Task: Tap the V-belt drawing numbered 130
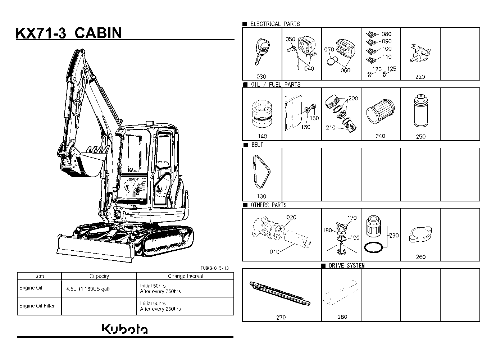click(261, 172)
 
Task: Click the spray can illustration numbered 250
click(421, 111)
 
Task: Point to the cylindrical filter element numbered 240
click(380, 111)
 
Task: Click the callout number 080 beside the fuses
click(386, 34)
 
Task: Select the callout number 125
click(391, 69)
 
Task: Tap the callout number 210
click(331, 128)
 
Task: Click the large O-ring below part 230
click(373, 247)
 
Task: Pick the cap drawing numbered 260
click(420, 234)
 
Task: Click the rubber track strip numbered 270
click(280, 293)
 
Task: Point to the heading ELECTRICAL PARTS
click(275, 24)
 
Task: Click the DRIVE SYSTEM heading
click(346, 265)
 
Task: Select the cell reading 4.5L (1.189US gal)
click(88, 289)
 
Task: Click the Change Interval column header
click(185, 276)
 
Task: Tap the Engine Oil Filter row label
click(37, 306)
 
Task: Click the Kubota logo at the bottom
click(124, 329)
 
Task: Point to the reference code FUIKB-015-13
click(215, 268)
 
